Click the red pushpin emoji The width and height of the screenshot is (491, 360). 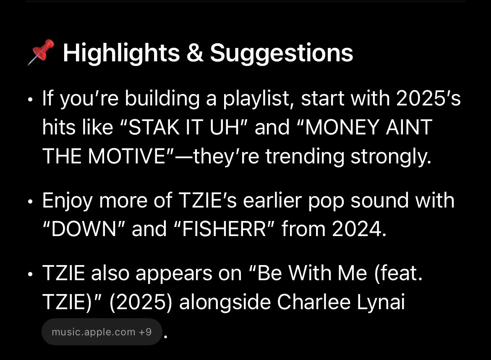pyautogui.click(x=41, y=53)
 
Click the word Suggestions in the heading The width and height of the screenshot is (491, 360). pyautogui.click(x=281, y=53)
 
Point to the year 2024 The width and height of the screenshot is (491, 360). pyautogui.click(x=358, y=229)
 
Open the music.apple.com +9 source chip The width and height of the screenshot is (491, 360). pyautogui.click(x=102, y=332)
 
